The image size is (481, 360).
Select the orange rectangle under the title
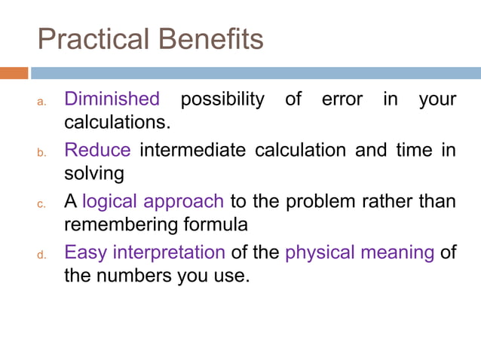[14, 73]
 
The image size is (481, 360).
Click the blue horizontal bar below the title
[256, 73]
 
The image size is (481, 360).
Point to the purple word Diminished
[112, 99]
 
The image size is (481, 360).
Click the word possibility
[223, 99]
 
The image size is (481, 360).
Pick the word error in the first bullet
[342, 99]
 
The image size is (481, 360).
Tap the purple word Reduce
[97, 150]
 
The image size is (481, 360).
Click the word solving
[93, 173]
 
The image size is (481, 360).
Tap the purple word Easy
[84, 252]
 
